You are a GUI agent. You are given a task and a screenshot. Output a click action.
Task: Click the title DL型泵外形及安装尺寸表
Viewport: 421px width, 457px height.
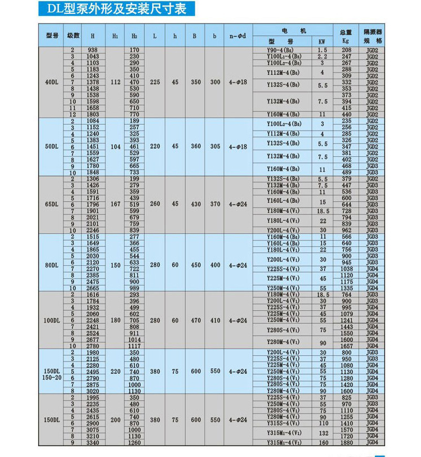coord(117,9)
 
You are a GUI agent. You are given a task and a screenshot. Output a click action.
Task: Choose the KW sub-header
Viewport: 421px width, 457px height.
coord(322,42)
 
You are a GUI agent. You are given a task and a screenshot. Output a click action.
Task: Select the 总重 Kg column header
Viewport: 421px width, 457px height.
coord(346,36)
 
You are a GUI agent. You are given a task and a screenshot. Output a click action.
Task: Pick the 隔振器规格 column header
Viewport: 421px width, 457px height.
coord(373,36)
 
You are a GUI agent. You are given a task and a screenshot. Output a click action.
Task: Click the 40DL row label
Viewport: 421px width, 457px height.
coord(52,82)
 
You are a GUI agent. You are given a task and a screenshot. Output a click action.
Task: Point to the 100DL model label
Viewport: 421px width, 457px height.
coord(52,320)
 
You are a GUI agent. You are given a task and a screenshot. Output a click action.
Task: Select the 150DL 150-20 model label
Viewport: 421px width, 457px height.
coord(52,374)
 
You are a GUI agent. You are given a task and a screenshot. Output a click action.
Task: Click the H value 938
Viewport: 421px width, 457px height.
coord(93,50)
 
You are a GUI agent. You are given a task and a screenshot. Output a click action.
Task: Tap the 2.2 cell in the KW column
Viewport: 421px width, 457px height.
coord(322,57)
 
